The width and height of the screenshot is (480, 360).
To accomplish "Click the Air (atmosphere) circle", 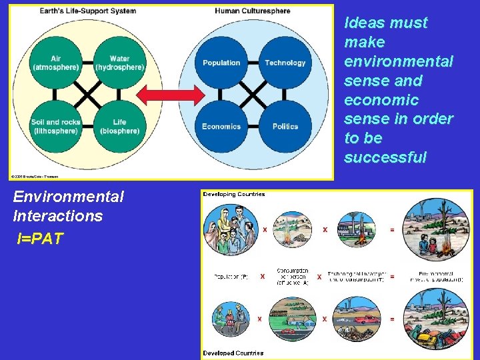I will (56, 63).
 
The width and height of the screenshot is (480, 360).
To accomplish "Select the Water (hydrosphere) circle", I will (120, 63).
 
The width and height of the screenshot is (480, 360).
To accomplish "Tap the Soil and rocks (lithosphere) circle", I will (56, 126).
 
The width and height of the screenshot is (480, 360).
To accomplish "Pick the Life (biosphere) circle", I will (120, 126).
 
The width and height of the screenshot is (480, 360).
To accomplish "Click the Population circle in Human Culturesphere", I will (221, 63).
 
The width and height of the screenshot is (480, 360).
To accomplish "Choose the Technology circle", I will (285, 63).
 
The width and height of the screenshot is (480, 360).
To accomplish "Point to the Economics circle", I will (221, 126).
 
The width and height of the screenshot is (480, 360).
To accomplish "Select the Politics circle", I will (285, 126).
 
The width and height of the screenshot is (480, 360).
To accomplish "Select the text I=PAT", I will (41, 239).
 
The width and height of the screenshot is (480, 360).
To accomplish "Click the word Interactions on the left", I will (57, 216).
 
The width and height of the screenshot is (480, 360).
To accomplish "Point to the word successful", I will (385, 158).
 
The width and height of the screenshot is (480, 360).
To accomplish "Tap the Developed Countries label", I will (233, 353).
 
